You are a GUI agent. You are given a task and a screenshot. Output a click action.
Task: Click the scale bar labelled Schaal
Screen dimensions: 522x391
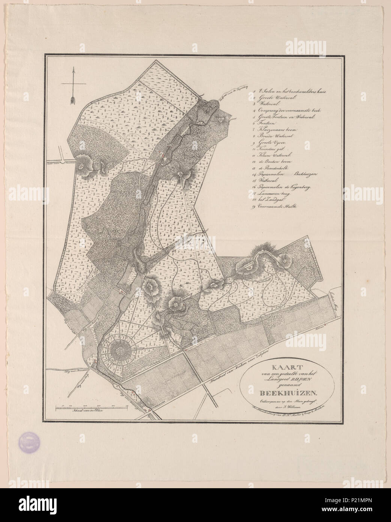[92, 407]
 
